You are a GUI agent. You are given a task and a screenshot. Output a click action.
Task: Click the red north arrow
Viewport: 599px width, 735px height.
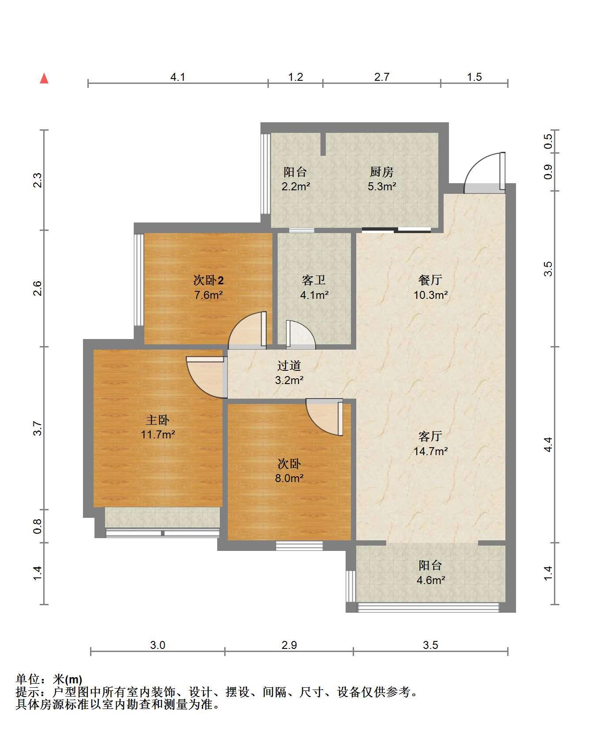tap(44, 78)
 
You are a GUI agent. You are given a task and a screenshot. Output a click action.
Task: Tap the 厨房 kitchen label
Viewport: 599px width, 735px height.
tap(381, 172)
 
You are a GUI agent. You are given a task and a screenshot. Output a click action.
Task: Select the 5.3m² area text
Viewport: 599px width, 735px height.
tap(382, 186)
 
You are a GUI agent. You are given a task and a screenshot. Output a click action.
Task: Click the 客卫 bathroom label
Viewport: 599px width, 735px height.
tap(314, 280)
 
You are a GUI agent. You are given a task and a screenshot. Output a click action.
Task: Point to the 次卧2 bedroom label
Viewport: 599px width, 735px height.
tap(209, 280)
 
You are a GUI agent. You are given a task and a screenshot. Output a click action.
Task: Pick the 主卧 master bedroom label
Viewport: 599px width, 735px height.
tap(158, 419)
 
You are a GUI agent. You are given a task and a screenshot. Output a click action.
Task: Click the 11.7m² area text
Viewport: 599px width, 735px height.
tap(158, 434)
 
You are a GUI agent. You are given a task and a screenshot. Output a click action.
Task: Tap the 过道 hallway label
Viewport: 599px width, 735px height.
tap(289, 366)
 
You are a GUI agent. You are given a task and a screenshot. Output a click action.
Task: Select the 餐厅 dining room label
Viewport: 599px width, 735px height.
tap(430, 280)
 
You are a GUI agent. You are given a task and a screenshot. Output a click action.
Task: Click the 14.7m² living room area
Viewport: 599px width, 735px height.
tap(431, 451)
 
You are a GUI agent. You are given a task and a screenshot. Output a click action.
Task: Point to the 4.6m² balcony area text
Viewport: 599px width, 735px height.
tap(431, 580)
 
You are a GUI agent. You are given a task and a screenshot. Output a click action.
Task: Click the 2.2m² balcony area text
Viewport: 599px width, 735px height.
tap(296, 186)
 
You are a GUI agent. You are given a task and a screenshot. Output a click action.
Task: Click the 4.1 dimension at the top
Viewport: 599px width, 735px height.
tap(178, 77)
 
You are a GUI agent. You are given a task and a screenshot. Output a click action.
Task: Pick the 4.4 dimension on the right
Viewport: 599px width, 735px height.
tap(548, 445)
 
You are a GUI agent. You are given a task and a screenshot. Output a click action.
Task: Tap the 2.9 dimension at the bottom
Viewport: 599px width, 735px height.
tap(289, 645)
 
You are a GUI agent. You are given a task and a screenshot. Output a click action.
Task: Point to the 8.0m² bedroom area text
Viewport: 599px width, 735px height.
tap(290, 478)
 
